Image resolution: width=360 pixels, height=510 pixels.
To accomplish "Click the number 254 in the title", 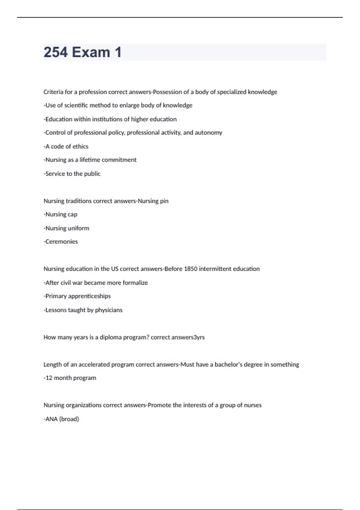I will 55,52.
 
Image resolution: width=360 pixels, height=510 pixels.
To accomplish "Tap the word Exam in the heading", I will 91,52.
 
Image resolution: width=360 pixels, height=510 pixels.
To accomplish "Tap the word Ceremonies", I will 61,242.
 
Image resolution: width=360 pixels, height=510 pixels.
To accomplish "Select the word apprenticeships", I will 89,296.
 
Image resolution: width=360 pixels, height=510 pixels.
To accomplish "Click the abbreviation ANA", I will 51,419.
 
